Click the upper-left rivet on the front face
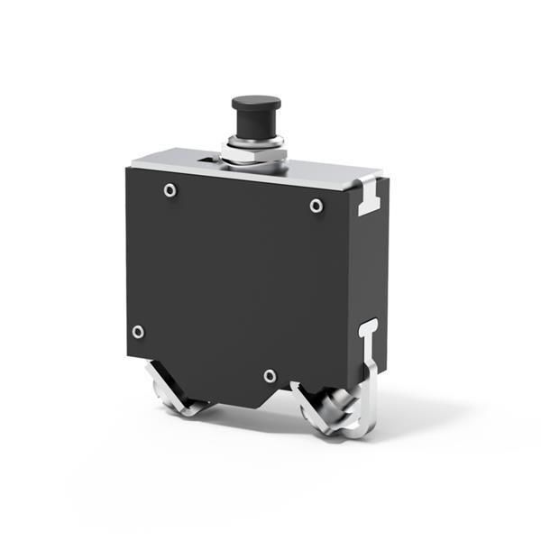pos(169,190)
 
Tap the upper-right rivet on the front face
pos(316,206)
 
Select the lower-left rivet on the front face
pos(138,331)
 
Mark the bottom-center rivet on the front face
pos(270,375)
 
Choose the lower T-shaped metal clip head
pos(368,328)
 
